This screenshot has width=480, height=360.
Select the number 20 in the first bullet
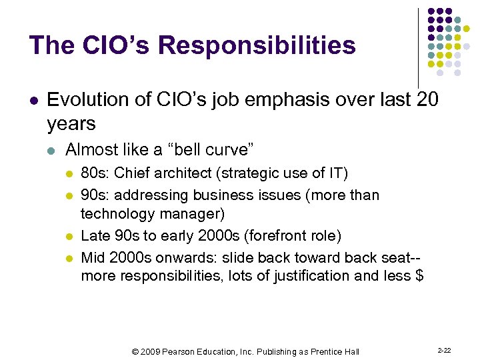click(427, 100)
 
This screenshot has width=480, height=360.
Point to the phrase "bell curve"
click(215, 149)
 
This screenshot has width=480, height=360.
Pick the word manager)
click(196, 213)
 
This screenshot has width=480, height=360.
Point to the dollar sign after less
click(419, 275)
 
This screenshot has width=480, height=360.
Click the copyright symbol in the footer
click(135, 351)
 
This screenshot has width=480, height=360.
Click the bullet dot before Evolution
click(33, 101)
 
